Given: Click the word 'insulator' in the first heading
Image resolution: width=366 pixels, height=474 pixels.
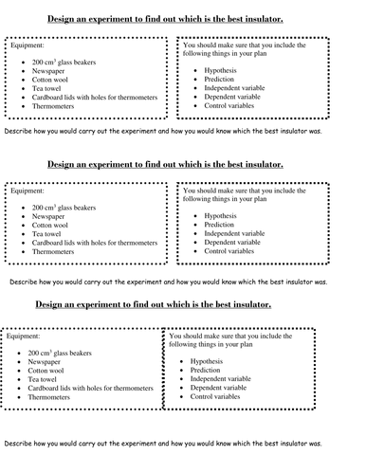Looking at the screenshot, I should (268, 20).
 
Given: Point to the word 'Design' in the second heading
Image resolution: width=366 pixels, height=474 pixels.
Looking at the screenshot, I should (63, 165).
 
